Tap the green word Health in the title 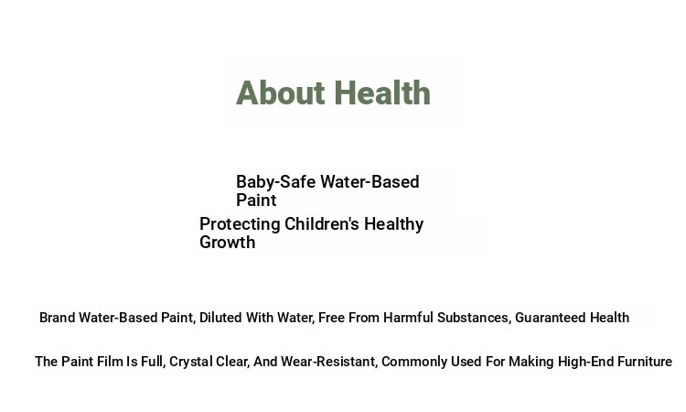point(382,92)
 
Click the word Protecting point(240,224)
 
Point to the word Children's point(322,223)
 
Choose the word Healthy point(393,224)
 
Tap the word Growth point(228,242)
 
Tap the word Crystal point(188,362)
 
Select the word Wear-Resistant point(329,362)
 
